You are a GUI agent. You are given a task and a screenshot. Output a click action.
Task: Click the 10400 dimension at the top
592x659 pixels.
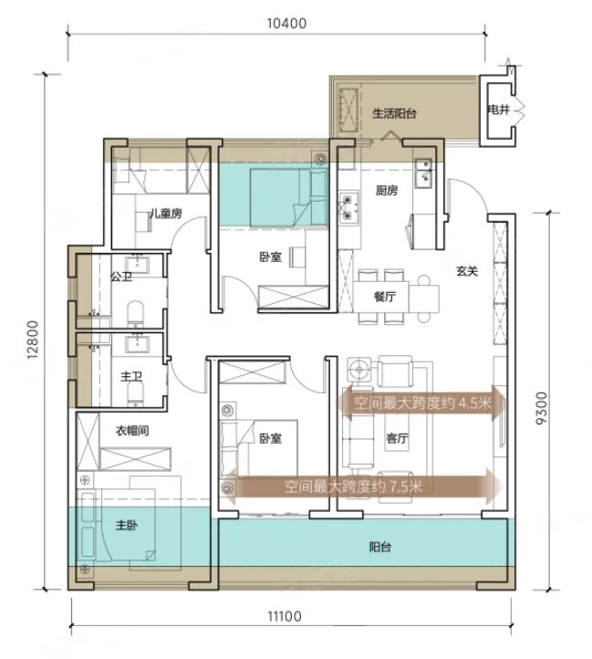coord(286,23)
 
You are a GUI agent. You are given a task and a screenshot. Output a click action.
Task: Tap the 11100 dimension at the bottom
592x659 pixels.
coord(285,616)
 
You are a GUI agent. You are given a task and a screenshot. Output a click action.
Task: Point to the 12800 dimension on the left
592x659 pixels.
coord(33,340)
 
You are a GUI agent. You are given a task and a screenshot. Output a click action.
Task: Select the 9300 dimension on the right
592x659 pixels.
coord(542,408)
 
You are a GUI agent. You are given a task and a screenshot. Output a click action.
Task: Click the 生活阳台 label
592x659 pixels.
coord(394,113)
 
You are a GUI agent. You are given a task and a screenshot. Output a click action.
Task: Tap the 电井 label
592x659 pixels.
coord(498,110)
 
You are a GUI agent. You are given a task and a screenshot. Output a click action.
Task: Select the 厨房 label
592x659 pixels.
coord(387,191)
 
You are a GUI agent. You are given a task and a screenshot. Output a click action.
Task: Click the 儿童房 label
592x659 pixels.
coord(166,214)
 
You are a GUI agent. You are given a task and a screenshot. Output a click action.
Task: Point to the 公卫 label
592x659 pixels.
coord(121,277)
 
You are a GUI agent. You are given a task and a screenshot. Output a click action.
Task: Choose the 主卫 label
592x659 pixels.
coord(131,376)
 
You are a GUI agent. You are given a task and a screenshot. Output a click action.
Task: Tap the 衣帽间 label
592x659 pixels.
coord(132,431)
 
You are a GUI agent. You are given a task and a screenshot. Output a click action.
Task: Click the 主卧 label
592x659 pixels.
coord(127,525)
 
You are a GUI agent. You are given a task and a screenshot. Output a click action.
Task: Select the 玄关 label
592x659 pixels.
coord(467,271)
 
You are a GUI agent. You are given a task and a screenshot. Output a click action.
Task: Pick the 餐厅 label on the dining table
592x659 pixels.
coord(384,297)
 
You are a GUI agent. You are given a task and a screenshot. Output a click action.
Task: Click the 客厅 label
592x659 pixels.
coord(397,438)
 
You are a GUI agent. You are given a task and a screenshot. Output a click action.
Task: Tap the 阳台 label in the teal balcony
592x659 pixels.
coord(380,547)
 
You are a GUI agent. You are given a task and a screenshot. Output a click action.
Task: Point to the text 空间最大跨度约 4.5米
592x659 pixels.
coord(422,403)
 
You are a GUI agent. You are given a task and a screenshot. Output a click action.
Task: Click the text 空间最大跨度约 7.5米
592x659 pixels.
coord(353,486)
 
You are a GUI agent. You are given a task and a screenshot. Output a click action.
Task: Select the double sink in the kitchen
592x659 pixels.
coord(423,173)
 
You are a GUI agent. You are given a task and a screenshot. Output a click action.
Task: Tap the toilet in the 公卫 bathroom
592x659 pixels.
coord(135,314)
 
